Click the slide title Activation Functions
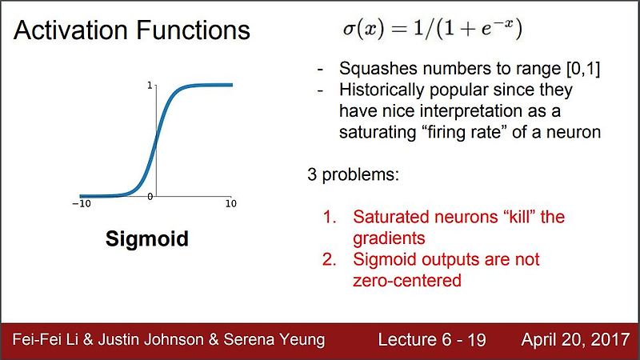[131, 30]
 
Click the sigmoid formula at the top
[432, 29]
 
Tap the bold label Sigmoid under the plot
[147, 239]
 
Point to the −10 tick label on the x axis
[82, 204]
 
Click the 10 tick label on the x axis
[231, 203]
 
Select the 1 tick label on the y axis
[150, 86]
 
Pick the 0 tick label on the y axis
[150, 197]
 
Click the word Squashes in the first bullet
[378, 69]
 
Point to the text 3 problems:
[353, 174]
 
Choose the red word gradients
[389, 238]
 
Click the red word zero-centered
[407, 281]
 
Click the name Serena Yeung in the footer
[274, 340]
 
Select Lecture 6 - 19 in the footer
[432, 339]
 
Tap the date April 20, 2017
[575, 340]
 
